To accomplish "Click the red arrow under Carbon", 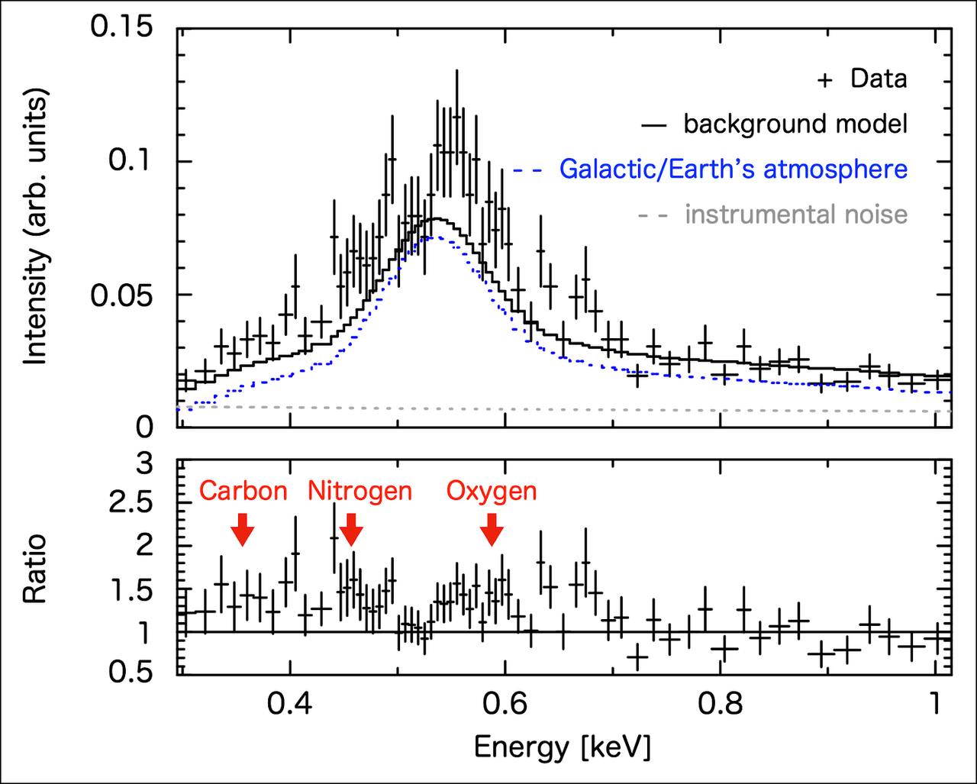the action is tap(243, 530).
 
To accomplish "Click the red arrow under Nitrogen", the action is tap(351, 530).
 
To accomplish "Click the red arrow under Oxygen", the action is tap(492, 530).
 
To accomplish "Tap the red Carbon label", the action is tap(243, 491).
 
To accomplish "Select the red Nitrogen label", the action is tap(360, 492).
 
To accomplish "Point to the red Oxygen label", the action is tap(492, 492).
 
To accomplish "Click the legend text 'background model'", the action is tap(795, 124).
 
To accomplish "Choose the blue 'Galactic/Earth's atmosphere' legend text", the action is tap(734, 169).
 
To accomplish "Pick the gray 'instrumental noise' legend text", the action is tap(796, 214).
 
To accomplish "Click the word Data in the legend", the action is tap(879, 79).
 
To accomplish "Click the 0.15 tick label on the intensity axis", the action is tap(121, 26).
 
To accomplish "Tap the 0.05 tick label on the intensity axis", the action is tap(121, 295).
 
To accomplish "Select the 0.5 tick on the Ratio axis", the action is tap(131, 672).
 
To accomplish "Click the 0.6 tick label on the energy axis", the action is tap(505, 704).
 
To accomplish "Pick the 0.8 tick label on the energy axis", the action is tap(720, 704).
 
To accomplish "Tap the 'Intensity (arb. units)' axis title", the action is tap(35, 226).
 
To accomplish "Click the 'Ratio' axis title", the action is tap(34, 568).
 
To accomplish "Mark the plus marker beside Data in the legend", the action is tap(825, 80).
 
